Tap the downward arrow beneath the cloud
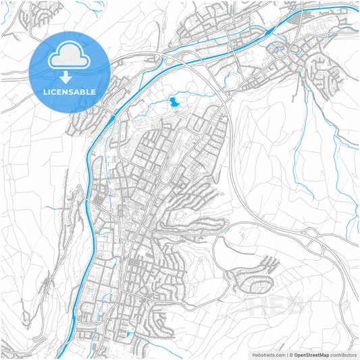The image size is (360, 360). point(69,76)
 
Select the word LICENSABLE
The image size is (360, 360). point(69,91)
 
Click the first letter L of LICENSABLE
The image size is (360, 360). point(45,91)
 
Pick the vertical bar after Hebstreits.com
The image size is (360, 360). point(286,355)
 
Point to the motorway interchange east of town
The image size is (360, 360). point(312,236)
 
